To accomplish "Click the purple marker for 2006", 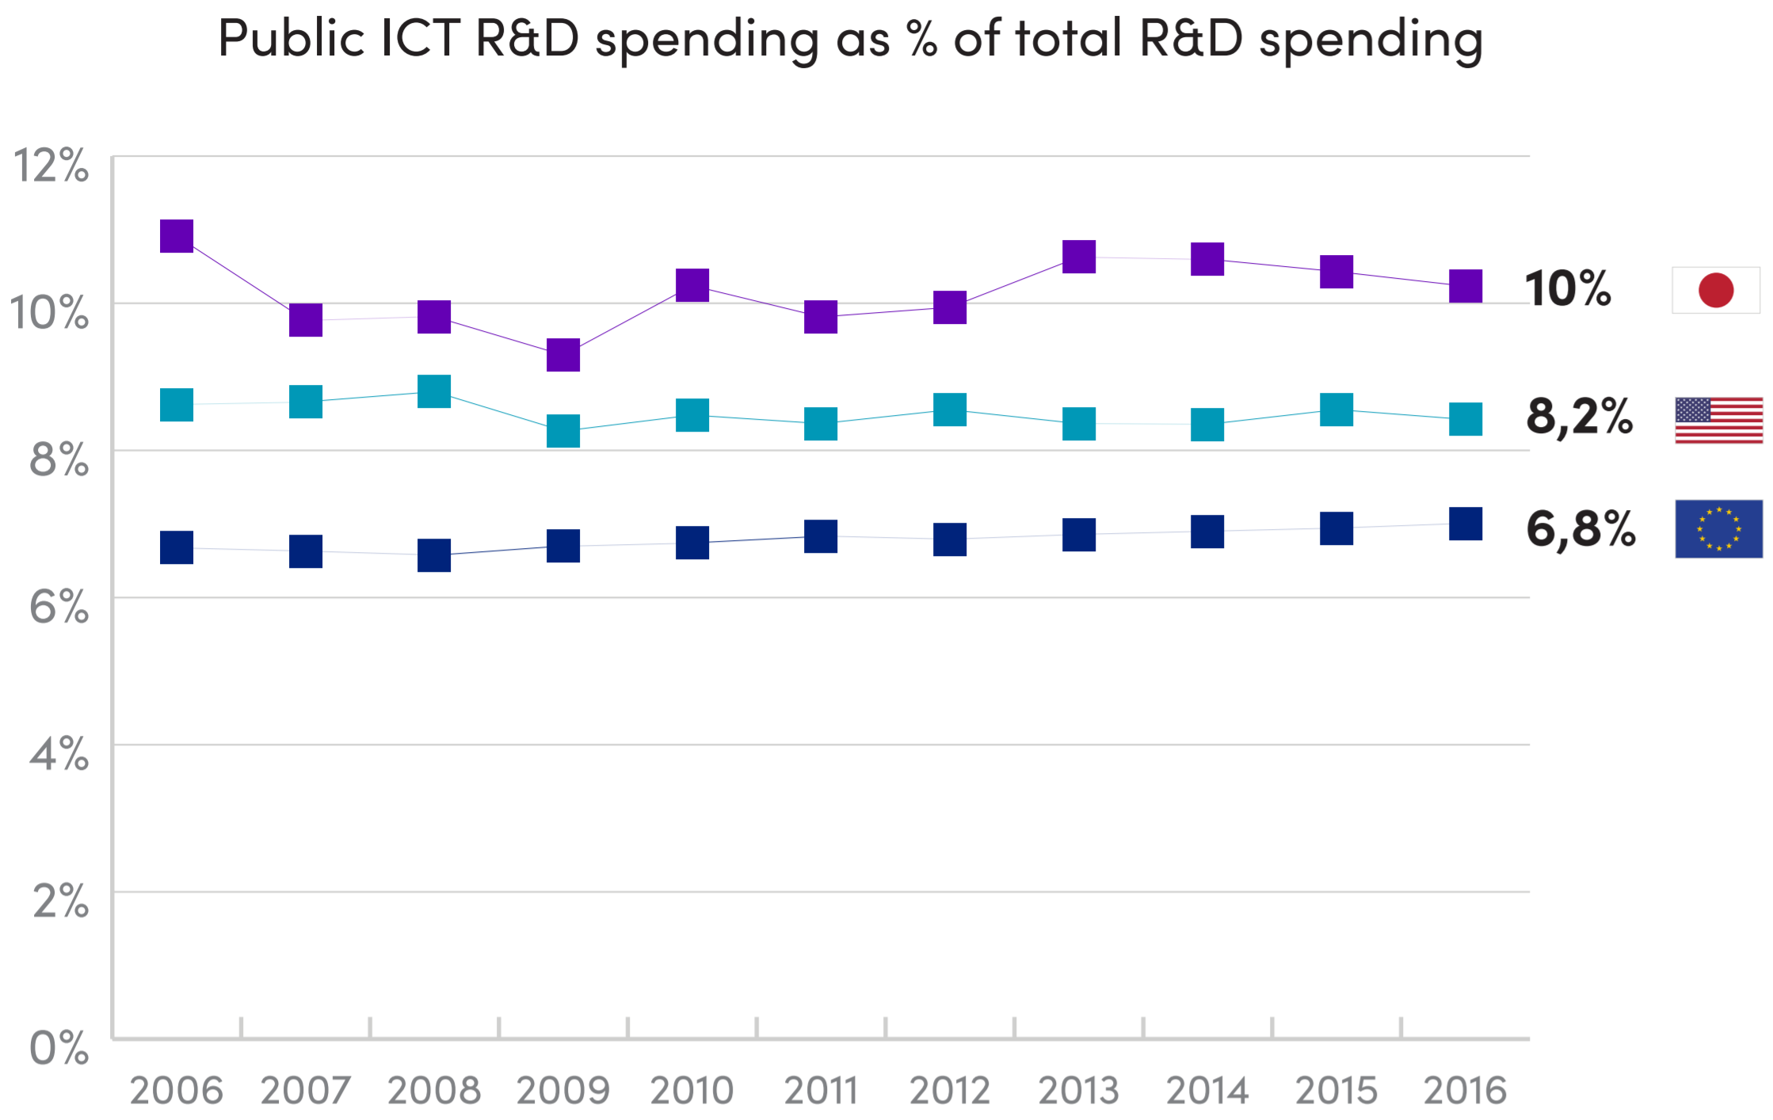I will click(x=177, y=236).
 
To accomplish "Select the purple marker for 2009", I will click(x=563, y=355).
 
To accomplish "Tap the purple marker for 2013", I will click(x=1079, y=257).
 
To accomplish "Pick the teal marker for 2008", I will click(x=434, y=391).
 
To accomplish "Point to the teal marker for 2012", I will click(x=950, y=410).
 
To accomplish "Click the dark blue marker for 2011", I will click(x=821, y=536).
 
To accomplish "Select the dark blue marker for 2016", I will click(x=1466, y=524).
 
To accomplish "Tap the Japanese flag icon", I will click(x=1715, y=290).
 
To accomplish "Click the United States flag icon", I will click(x=1718, y=420).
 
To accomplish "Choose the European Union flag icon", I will click(x=1718, y=528).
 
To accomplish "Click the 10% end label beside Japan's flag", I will click(x=1568, y=288).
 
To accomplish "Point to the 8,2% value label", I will click(x=1579, y=417).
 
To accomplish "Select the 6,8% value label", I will click(x=1580, y=529).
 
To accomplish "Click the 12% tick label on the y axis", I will click(x=51, y=166).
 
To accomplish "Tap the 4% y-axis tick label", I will click(x=59, y=754).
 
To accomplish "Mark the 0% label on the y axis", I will click(x=59, y=1049).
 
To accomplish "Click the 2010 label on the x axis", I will click(x=692, y=1091).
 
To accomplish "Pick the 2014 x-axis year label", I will click(x=1207, y=1091).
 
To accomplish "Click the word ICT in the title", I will click(x=420, y=38).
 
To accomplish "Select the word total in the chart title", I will click(x=1069, y=38).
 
